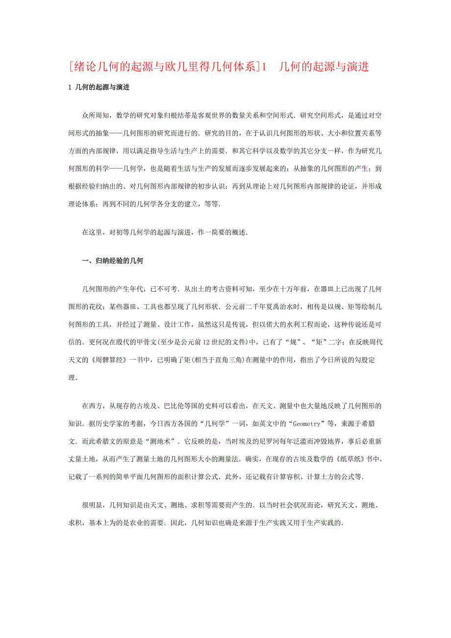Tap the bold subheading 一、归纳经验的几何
(112, 261)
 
